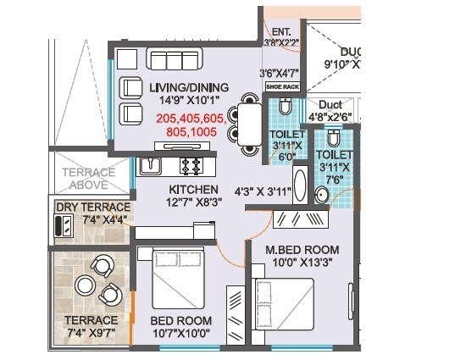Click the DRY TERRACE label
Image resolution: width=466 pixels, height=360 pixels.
(93, 208)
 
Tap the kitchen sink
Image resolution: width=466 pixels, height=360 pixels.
(152, 164)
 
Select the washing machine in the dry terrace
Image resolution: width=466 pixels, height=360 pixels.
(62, 226)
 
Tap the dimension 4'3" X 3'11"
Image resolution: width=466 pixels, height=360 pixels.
(262, 191)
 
